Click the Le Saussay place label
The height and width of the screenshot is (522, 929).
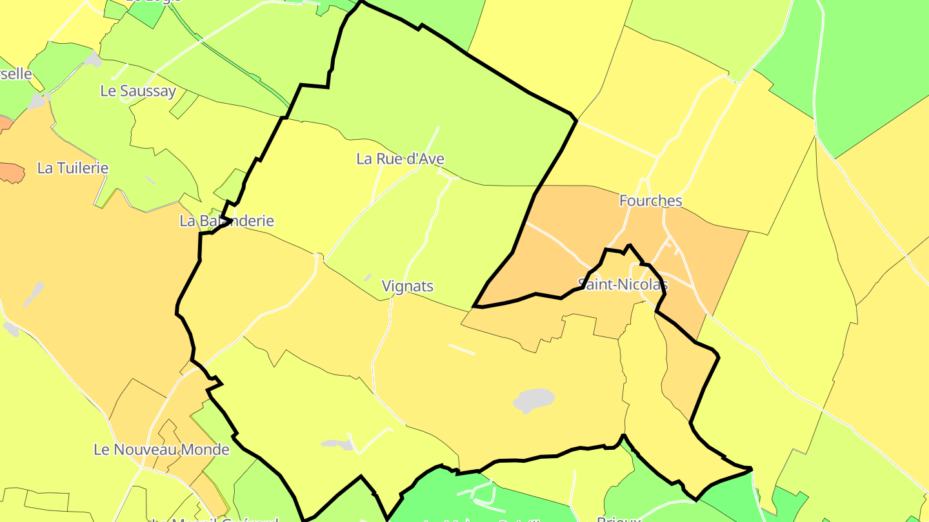click(x=138, y=91)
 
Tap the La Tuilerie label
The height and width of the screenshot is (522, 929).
click(x=73, y=168)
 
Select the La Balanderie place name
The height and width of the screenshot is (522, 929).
click(x=226, y=221)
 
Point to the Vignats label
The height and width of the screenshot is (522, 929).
click(x=407, y=286)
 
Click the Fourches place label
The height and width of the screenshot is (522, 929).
click(x=650, y=201)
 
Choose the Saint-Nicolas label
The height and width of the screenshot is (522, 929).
click(x=623, y=284)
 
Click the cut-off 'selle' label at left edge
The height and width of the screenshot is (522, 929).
click(x=15, y=73)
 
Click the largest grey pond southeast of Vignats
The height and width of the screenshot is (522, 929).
click(x=534, y=400)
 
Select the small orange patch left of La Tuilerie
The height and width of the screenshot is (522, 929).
click(x=12, y=172)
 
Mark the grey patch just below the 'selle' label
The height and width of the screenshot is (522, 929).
click(x=37, y=101)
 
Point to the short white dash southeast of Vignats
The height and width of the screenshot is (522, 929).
click(x=462, y=349)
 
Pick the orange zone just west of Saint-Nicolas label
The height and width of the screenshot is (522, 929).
click(x=548, y=258)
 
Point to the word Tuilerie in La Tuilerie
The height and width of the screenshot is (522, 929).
click(x=81, y=168)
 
